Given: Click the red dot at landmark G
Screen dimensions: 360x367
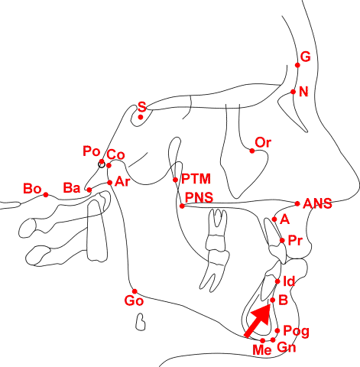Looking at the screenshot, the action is [297, 65].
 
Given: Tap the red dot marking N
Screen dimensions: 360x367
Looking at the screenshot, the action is [294, 92].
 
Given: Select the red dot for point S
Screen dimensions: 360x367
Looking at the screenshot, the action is [141, 117].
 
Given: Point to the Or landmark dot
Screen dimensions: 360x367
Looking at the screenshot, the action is [252, 151].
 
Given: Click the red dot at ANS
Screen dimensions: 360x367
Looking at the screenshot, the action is [297, 203].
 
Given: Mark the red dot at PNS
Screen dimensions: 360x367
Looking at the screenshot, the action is [182, 206].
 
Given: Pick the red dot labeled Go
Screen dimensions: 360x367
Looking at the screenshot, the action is [135, 291].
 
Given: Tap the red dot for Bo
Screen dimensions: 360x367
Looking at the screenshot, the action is [46, 195].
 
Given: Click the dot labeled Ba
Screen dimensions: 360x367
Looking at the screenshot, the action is [89, 190].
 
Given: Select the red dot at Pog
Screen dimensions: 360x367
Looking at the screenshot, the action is [277, 331].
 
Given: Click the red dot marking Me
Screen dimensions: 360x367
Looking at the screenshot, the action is [263, 340].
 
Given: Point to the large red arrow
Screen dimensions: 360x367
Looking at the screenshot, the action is [258, 320].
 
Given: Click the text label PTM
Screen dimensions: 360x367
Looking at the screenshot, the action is [196, 179].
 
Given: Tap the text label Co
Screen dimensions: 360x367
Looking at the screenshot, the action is [115, 154].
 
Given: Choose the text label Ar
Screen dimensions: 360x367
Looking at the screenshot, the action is [122, 182].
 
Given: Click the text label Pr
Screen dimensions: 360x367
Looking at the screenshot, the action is [295, 240].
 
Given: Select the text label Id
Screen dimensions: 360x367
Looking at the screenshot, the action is [289, 281].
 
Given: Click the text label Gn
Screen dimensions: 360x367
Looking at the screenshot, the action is [287, 347].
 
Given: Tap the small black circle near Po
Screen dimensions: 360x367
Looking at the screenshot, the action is [102, 164].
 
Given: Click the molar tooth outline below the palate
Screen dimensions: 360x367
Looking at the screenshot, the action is [216, 251].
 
